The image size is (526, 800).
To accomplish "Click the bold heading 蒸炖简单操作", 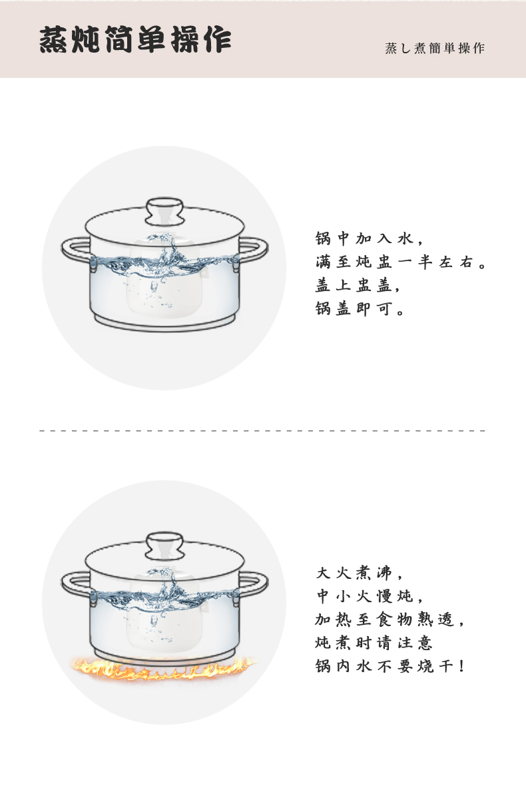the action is click(x=135, y=39).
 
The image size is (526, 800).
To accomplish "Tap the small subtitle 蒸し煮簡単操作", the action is click(x=435, y=48).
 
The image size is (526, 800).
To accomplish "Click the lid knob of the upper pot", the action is click(x=164, y=211).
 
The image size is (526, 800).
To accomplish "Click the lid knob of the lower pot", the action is click(x=164, y=546).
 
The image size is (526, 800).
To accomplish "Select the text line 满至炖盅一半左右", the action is click(x=400, y=262).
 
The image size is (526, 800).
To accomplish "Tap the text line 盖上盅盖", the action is click(x=357, y=285).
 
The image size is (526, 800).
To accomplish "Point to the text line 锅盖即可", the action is click(x=360, y=308).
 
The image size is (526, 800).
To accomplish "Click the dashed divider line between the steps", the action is click(x=262, y=431).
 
